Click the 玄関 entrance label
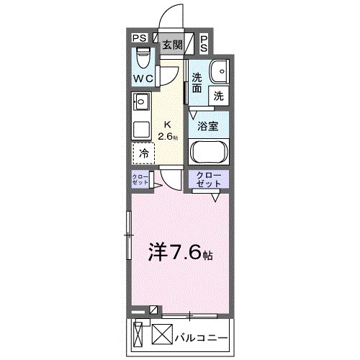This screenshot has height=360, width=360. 171,45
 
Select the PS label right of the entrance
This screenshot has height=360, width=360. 203,44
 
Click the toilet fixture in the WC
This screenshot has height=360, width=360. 143,57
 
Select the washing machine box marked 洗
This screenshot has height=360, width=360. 217,94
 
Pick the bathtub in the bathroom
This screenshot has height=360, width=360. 208,153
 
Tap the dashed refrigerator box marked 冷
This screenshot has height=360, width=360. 143,153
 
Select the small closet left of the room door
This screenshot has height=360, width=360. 140,180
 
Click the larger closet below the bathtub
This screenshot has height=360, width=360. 208,180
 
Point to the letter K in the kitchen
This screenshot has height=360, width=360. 168,124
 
